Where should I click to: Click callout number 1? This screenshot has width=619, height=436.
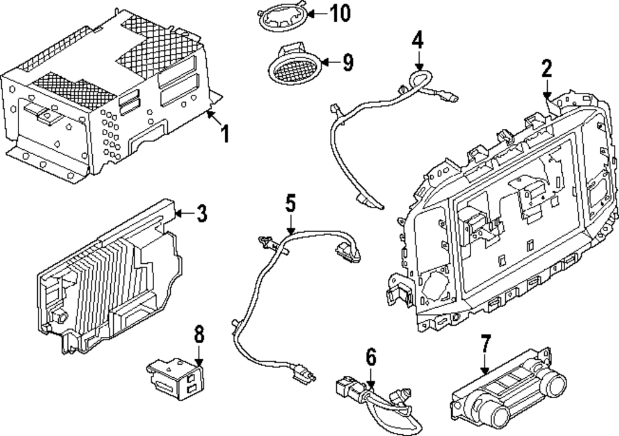tap(225, 134)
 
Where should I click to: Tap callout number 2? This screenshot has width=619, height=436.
tap(547, 68)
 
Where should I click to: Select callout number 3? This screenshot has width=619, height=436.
tap(201, 214)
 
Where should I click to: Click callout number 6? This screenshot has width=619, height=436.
tap(371, 357)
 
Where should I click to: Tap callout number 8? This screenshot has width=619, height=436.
tap(199, 334)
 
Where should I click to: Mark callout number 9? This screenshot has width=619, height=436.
tap(347, 63)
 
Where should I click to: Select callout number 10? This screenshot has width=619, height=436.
tap(340, 14)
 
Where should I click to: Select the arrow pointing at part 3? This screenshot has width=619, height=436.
tap(184, 214)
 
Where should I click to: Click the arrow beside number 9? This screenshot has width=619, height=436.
tap(331, 62)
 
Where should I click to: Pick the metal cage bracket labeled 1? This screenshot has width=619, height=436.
tap(106, 95)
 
